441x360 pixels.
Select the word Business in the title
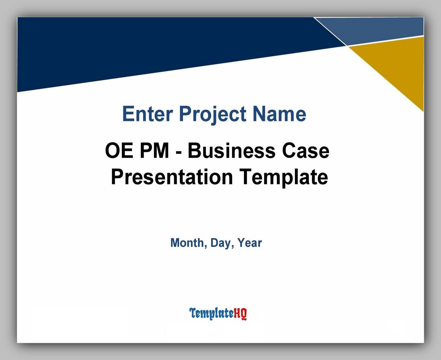point(231,151)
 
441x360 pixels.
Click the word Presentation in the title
point(172,177)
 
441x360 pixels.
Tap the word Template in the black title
point(283,177)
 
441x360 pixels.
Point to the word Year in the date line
point(249,243)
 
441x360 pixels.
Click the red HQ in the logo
point(240,314)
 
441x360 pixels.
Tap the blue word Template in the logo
point(211,314)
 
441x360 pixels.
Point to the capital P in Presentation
point(116,177)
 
